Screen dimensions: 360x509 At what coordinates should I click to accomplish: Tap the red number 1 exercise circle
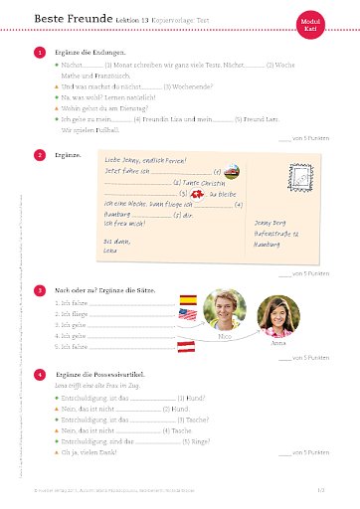point(39,51)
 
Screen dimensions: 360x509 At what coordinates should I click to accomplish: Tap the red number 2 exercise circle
point(39,155)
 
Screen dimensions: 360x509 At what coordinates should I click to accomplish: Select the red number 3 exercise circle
point(39,289)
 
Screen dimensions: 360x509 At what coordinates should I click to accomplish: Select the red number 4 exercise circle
point(39,374)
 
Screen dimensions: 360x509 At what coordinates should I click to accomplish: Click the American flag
point(187,315)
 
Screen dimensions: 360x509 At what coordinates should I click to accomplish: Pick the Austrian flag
point(187,346)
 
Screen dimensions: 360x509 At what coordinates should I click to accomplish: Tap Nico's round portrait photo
point(225,310)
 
